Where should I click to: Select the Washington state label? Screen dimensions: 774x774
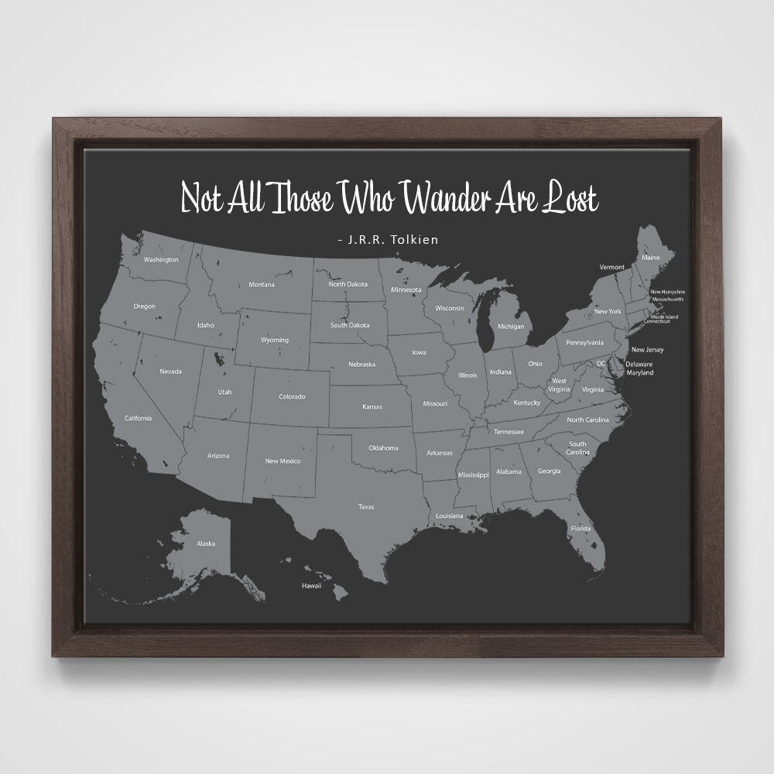(x=161, y=259)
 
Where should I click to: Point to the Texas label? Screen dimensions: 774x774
(x=366, y=507)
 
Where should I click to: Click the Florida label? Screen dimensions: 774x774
(x=580, y=529)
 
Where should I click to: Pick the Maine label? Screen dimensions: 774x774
(x=651, y=257)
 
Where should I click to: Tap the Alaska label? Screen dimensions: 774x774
(x=206, y=544)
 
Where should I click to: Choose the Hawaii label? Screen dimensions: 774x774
(x=311, y=586)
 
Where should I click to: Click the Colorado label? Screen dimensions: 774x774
(x=292, y=397)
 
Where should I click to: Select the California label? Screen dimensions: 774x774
(x=138, y=418)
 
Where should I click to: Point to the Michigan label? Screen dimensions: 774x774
(x=510, y=327)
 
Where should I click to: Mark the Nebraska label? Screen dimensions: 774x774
(x=361, y=364)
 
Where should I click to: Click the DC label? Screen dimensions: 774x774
(x=601, y=363)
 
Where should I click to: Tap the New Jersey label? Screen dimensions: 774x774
(x=647, y=350)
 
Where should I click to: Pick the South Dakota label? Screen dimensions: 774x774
(x=350, y=325)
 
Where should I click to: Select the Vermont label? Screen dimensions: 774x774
(x=611, y=267)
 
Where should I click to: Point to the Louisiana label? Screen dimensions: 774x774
(x=449, y=515)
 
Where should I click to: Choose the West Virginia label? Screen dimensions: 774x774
(x=558, y=385)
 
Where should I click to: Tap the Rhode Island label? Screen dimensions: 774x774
(x=664, y=316)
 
